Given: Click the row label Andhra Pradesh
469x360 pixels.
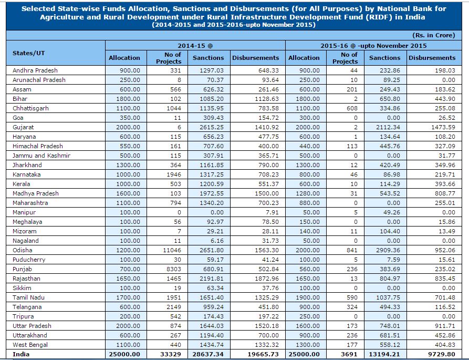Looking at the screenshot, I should click(x=35, y=70).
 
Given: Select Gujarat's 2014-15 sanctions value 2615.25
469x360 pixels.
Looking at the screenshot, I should click(x=208, y=127).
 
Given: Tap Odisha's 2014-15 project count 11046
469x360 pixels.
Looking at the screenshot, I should click(x=169, y=250).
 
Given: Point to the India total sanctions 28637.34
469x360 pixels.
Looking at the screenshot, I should click(x=208, y=354).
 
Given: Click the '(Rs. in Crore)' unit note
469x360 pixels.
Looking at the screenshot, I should click(x=434, y=35).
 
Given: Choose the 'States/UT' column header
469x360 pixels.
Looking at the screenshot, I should click(x=29, y=53).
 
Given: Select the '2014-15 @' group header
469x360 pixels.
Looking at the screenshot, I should click(x=195, y=46).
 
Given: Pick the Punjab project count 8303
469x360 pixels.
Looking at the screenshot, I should click(x=169, y=269).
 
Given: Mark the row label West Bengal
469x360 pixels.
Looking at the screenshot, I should click(x=30, y=345).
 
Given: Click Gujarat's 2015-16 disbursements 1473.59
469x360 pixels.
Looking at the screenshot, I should click(x=432, y=127).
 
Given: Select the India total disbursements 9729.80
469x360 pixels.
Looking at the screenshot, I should click(x=432, y=354).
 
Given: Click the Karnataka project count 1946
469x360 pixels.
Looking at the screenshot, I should click(x=169, y=174).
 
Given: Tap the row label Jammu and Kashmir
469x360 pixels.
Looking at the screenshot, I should click(x=41, y=156).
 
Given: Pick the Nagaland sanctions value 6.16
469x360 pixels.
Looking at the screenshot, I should click(x=208, y=241).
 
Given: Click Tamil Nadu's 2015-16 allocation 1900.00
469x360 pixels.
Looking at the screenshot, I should click(x=304, y=297).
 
